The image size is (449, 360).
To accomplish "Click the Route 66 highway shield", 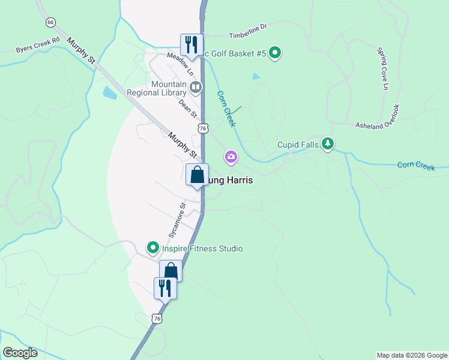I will [50, 22].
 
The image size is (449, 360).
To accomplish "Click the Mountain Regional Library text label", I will [157, 89].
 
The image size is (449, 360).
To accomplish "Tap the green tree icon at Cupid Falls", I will [327, 144].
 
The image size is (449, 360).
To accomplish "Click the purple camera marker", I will [231, 158].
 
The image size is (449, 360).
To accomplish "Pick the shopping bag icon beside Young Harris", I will [197, 176].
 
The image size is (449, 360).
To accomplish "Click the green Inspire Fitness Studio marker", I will [153, 248].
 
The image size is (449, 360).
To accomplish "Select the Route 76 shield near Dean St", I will [203, 128].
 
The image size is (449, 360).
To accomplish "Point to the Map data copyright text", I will [411, 355].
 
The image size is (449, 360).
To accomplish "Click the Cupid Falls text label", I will [297, 145].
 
